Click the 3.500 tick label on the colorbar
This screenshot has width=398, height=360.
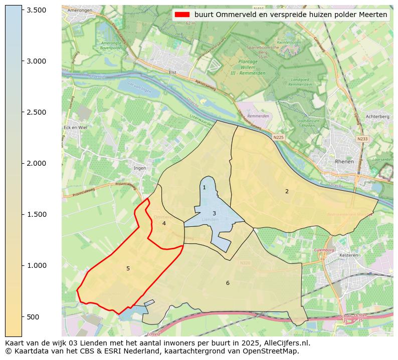(x=36, y=10)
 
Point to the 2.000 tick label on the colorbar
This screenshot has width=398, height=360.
(x=36, y=163)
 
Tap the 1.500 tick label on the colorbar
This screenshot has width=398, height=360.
(x=36, y=214)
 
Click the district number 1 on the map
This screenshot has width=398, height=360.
(x=204, y=188)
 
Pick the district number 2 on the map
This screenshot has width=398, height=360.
(x=287, y=191)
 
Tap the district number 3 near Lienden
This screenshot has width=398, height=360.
(x=214, y=213)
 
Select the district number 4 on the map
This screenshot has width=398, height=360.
(x=164, y=223)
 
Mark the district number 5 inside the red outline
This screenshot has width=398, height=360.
(x=128, y=269)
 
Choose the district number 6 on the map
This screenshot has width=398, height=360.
(x=228, y=283)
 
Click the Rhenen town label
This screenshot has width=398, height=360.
(x=344, y=162)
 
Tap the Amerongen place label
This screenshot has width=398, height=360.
(x=79, y=10)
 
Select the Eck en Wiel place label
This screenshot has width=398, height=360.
(x=75, y=128)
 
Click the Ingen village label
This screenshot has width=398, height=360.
(x=140, y=168)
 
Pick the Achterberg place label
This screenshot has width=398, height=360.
(x=377, y=116)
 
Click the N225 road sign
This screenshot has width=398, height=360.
(x=278, y=137)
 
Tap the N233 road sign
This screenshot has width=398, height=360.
(x=362, y=139)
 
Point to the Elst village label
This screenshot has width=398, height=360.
(x=173, y=72)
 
